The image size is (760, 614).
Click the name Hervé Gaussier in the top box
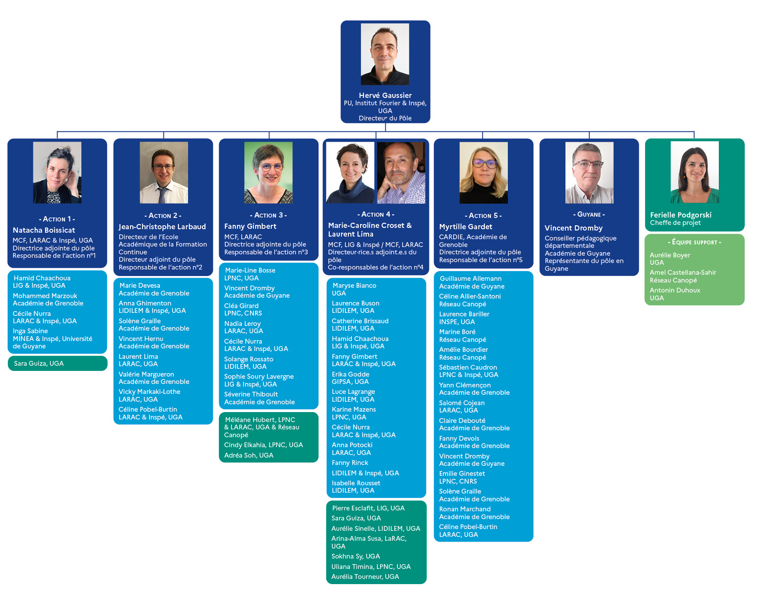coord(385,95)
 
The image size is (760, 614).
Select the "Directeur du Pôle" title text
coord(385,118)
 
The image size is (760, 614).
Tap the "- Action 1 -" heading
coord(57,219)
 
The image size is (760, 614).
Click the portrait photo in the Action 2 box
coord(164,172)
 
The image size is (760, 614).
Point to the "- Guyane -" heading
coord(589,214)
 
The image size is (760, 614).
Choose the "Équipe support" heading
coord(695,242)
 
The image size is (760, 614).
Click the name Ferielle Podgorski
coord(681,215)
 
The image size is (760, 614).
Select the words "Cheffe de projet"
coord(675,223)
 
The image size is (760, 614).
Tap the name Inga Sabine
coord(30,331)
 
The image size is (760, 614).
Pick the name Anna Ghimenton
coord(145,303)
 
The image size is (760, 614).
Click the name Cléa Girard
coord(241,306)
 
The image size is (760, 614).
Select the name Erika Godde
coord(351,374)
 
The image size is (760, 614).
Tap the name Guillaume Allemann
coord(471,279)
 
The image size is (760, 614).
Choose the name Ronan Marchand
coord(465,509)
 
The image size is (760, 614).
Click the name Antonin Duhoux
coord(675,290)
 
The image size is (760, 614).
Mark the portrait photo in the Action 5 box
coord(484,172)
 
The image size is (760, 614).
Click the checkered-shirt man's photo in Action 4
coord(401,172)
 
